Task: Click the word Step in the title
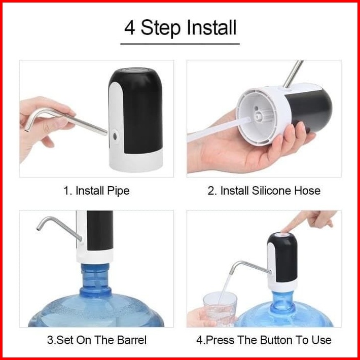(x=161, y=28)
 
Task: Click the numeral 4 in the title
(x=129, y=27)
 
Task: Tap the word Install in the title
(x=211, y=27)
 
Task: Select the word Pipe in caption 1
(x=118, y=191)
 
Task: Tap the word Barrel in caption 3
(x=131, y=340)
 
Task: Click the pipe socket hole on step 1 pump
(x=115, y=136)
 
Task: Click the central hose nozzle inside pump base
(x=259, y=116)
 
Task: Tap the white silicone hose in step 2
(x=218, y=129)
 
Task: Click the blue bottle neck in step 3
(x=95, y=278)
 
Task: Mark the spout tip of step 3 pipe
(x=39, y=228)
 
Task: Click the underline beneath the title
(x=180, y=44)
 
